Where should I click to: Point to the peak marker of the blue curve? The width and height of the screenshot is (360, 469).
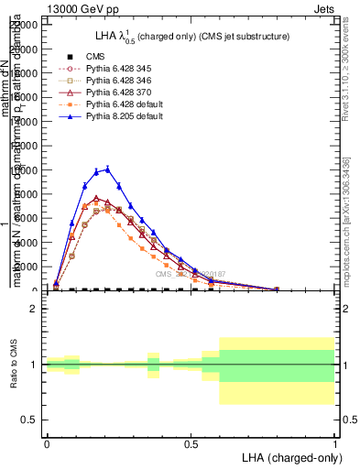click(108, 169)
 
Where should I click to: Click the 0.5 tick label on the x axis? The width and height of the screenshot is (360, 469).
click(191, 442)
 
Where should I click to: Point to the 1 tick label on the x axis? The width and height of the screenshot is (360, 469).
click(334, 442)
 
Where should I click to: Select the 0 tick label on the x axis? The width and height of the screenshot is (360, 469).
click(47, 442)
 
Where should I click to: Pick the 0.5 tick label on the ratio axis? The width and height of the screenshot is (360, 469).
click(30, 420)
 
